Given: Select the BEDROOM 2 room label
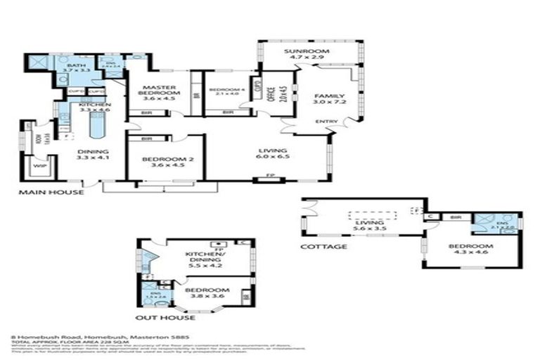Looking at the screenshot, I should coord(165,160).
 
